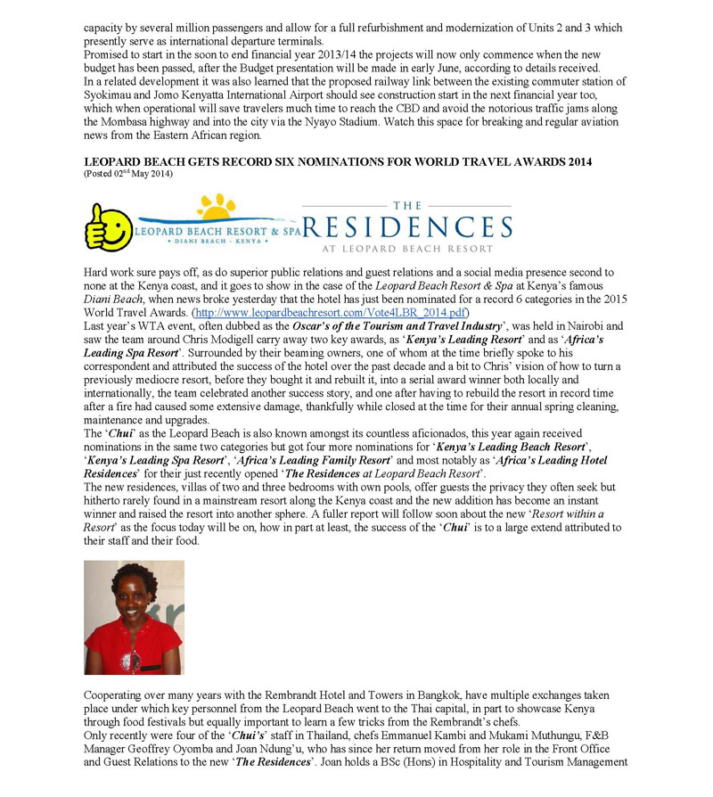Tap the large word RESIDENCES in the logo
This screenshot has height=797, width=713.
(407, 226)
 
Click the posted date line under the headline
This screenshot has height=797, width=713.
(128, 173)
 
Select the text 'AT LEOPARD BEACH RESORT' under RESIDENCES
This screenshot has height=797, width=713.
(407, 249)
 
